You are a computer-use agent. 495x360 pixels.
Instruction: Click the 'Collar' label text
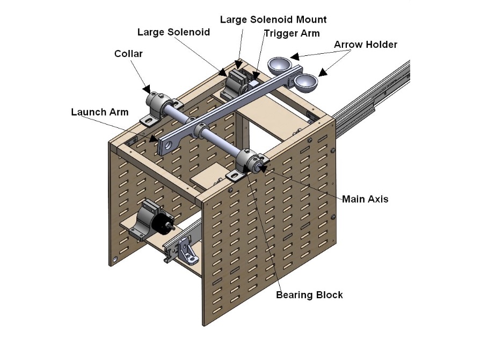click(128, 54)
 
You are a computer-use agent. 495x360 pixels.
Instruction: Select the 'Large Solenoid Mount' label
click(273, 19)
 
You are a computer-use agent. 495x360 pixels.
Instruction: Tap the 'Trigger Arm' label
click(292, 33)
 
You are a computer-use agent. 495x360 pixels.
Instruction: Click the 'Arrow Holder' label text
click(366, 44)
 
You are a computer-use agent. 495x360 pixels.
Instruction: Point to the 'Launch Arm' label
click(100, 112)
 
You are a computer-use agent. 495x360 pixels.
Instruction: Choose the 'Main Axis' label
click(365, 199)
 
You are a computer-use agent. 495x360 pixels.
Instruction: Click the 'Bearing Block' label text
click(309, 294)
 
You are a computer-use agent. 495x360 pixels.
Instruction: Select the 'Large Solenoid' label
click(173, 32)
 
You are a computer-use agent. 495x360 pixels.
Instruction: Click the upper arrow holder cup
click(280, 66)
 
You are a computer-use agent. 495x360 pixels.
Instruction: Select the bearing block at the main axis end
click(247, 162)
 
